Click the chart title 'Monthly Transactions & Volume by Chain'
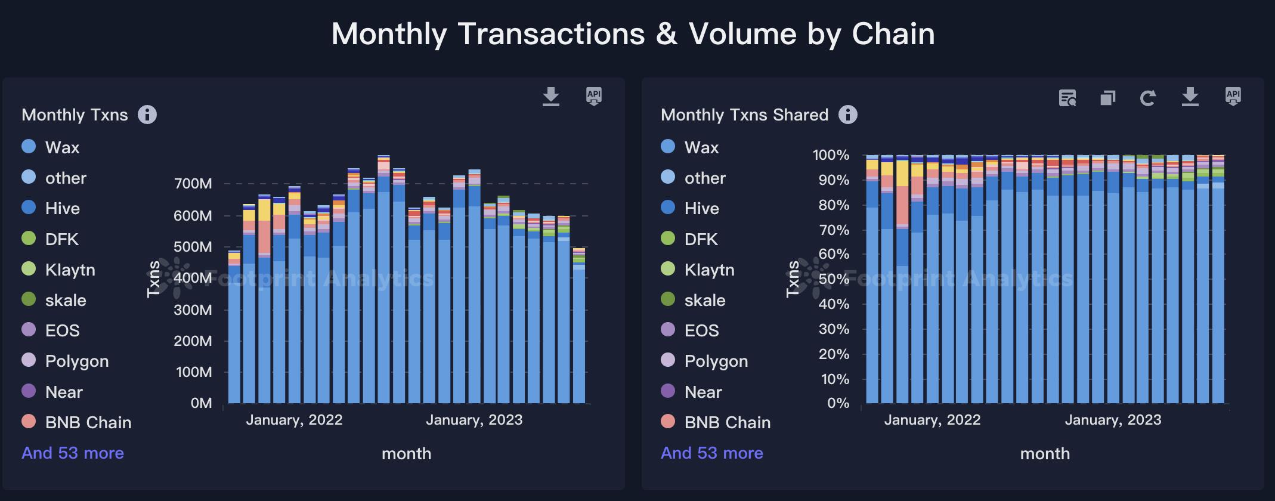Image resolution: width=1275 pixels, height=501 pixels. point(633,34)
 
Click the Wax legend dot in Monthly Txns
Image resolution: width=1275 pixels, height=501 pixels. point(29,147)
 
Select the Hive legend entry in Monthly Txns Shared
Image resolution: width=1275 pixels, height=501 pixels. point(701,208)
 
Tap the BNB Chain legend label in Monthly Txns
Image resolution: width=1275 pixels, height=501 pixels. point(88,422)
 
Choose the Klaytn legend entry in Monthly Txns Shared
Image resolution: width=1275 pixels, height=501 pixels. point(709,270)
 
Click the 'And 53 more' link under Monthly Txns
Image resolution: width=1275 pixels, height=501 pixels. point(73,453)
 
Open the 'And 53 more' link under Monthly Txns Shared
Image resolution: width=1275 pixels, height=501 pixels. point(712,453)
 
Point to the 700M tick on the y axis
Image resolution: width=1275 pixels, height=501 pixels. point(193,184)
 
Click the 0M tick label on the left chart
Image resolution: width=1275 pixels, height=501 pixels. point(201,403)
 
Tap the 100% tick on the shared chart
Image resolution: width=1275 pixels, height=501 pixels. point(831,155)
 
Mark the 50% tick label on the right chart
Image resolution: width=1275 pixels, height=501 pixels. point(834,279)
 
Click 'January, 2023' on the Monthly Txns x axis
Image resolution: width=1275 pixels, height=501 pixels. point(474,420)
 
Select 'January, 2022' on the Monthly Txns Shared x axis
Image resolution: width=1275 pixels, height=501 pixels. point(932,420)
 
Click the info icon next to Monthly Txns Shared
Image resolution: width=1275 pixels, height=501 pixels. point(847,115)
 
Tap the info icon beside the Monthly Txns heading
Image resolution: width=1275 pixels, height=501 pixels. point(147,115)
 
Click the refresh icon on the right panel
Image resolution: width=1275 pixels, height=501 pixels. point(1148,98)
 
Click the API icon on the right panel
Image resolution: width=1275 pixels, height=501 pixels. point(1233,96)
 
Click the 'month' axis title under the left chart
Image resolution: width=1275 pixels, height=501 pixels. point(406,454)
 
